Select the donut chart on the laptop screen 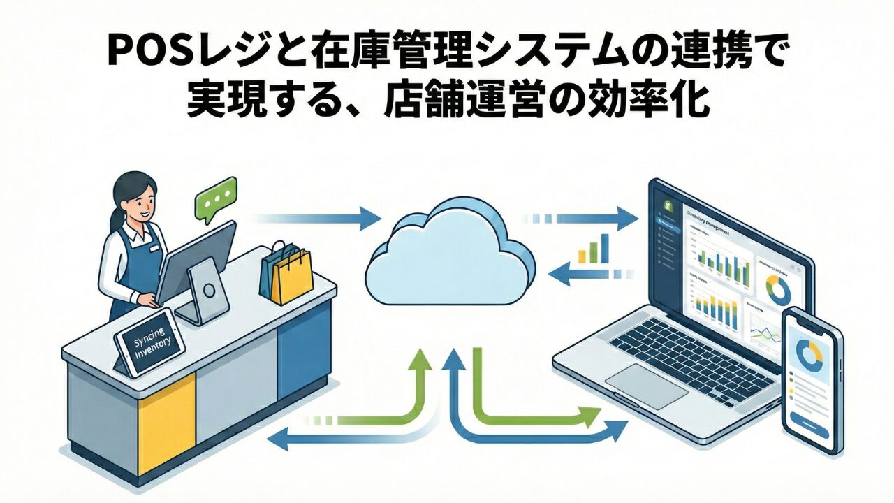[778, 290]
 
